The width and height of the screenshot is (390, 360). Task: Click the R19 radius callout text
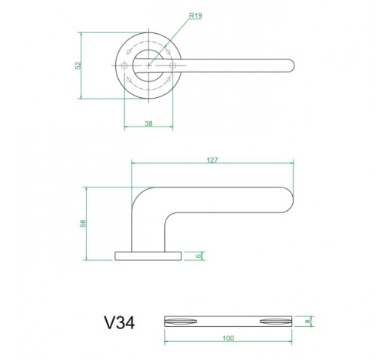(x=195, y=16)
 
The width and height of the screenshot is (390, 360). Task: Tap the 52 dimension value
(x=78, y=66)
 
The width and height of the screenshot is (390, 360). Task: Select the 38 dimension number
(x=148, y=124)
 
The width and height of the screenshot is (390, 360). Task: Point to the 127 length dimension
(x=212, y=160)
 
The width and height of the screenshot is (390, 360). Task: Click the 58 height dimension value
(x=83, y=224)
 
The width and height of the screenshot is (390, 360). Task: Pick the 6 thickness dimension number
(x=199, y=256)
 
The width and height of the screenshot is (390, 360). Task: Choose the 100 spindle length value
(x=228, y=338)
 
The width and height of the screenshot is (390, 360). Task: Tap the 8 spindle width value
(x=309, y=321)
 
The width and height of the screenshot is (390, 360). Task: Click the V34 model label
(x=120, y=322)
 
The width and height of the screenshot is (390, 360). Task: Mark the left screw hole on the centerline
(x=124, y=66)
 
